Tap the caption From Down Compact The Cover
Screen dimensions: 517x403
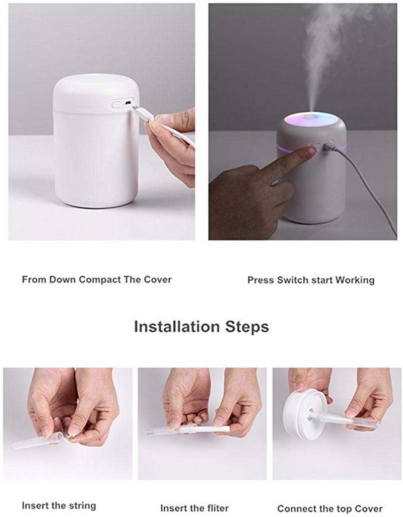[x=97, y=279]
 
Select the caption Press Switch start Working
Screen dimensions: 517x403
[x=311, y=280]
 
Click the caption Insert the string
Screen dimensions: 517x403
[x=58, y=505]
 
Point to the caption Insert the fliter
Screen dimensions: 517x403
[x=194, y=508]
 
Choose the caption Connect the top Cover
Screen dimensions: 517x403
[x=330, y=508]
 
